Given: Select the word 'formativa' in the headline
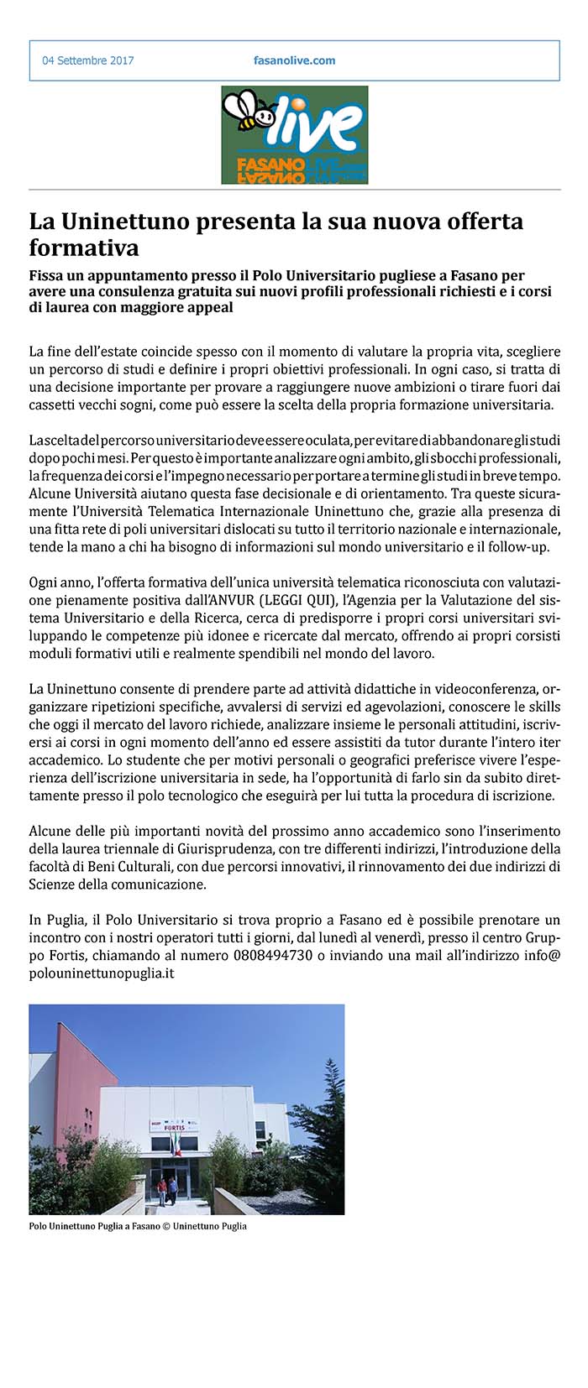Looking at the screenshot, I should click(x=84, y=248).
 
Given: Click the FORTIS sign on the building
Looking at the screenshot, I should click(x=174, y=1127).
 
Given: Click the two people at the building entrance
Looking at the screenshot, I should click(x=167, y=1188).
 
